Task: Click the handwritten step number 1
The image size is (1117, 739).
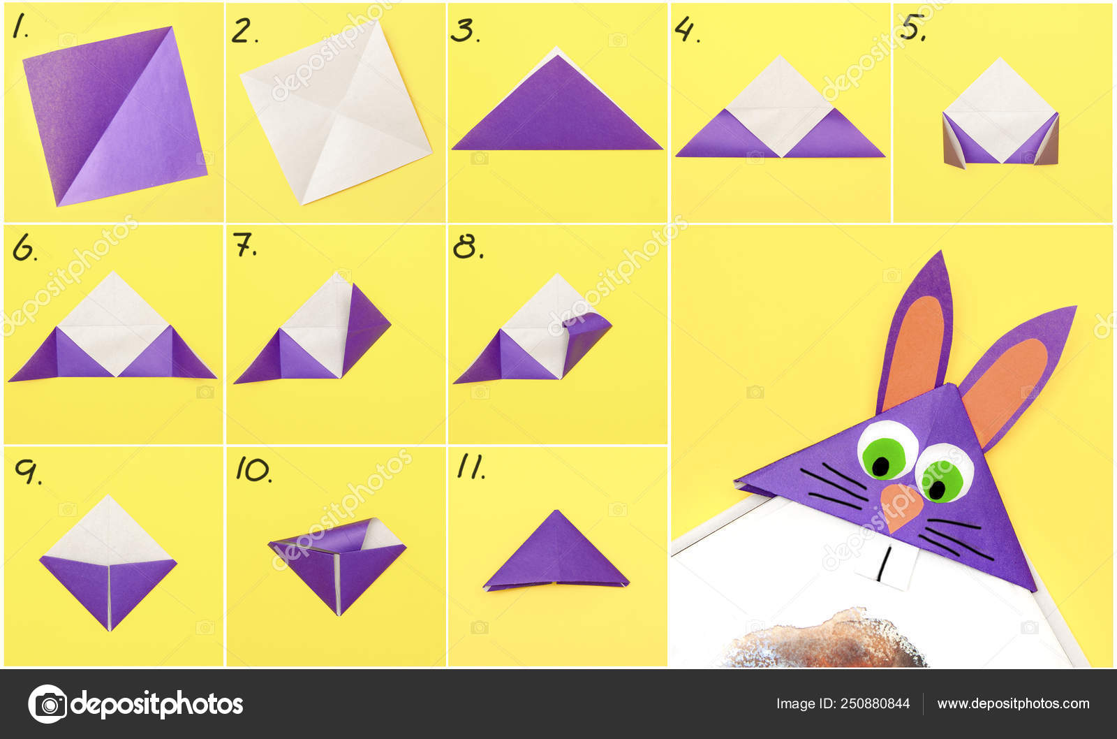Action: point(20,26)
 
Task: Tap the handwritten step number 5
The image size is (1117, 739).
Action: point(912,27)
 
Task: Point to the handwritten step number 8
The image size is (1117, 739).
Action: point(467,247)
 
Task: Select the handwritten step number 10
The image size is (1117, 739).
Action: point(254,470)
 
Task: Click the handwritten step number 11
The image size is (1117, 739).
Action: point(471,467)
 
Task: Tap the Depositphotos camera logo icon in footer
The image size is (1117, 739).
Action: point(47,704)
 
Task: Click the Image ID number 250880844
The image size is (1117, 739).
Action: point(875,703)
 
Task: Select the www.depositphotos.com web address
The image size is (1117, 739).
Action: point(1013,703)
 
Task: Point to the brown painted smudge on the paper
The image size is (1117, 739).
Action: point(825,641)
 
